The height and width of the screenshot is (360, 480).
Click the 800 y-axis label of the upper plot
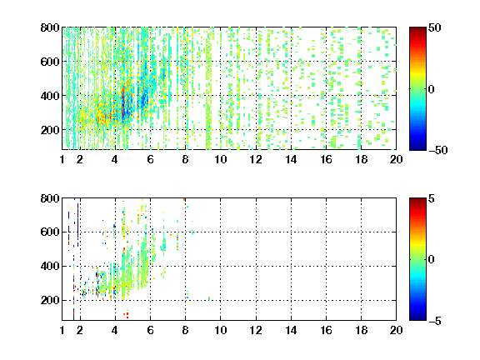click(x=50, y=27)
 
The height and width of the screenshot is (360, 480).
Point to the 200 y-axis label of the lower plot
click(x=50, y=300)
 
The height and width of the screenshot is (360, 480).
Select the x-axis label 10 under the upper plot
click(x=220, y=159)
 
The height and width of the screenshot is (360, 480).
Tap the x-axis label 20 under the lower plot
click(x=396, y=330)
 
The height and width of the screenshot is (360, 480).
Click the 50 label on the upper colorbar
click(x=434, y=27)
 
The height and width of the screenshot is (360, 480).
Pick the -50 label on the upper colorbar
click(x=437, y=150)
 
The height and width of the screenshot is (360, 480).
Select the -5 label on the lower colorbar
click(x=435, y=321)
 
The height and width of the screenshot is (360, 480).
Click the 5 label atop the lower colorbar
click(x=432, y=198)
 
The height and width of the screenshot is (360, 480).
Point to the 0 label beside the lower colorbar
click(x=432, y=260)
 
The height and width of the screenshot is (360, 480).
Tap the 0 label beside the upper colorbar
click(x=432, y=89)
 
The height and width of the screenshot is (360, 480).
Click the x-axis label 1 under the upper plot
click(x=62, y=159)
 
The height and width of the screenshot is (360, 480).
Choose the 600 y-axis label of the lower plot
click(x=50, y=232)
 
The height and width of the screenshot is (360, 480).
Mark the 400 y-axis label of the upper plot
click(x=50, y=96)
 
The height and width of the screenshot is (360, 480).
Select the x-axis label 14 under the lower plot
click(x=291, y=330)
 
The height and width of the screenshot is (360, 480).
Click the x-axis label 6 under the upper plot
click(x=150, y=159)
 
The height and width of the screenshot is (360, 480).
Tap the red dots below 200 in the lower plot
click(x=126, y=315)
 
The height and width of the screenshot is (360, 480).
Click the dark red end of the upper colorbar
click(x=417, y=29)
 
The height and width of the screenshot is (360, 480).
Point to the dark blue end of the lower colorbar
click(x=417, y=318)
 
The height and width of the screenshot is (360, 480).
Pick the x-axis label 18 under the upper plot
click(x=361, y=159)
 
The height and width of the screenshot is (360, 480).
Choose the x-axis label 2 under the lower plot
click(x=80, y=330)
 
